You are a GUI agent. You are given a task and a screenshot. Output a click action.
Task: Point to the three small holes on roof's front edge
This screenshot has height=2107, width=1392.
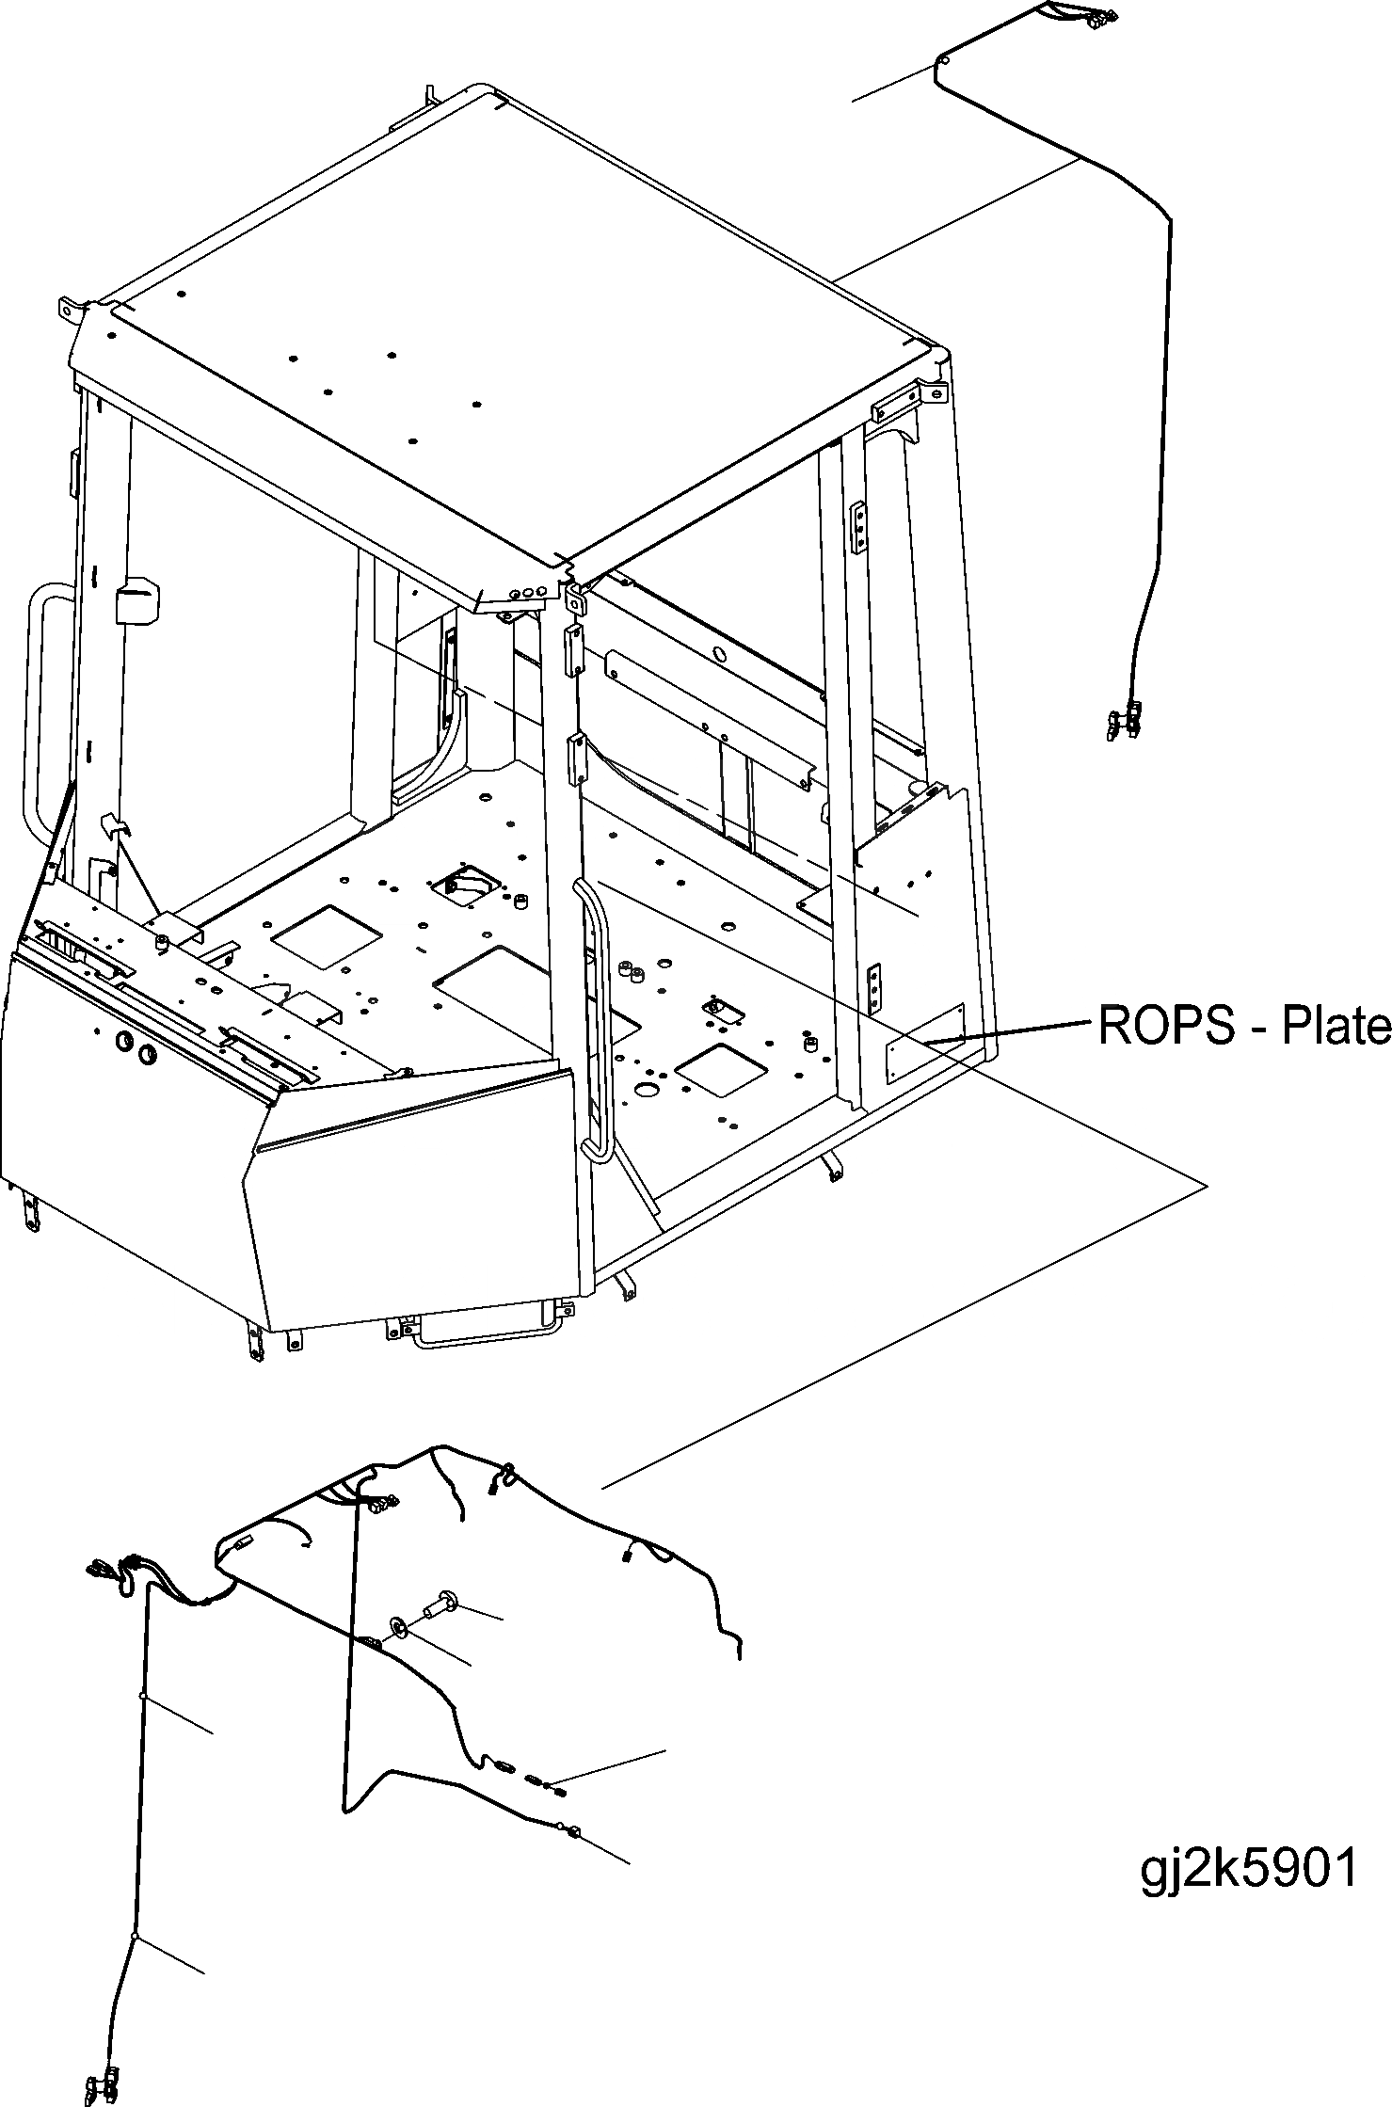click(528, 594)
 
